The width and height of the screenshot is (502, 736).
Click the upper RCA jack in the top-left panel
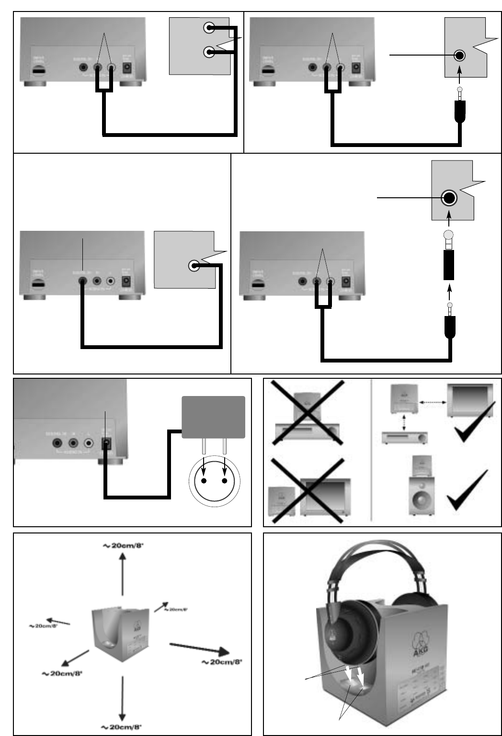tap(209, 28)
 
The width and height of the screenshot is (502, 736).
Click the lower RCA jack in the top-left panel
tap(209, 52)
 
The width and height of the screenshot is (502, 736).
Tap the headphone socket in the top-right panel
tap(459, 56)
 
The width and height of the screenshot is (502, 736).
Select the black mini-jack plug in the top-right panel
tap(460, 111)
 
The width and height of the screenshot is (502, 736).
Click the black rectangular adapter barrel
tap(449, 265)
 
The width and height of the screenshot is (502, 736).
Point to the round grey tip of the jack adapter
tap(449, 235)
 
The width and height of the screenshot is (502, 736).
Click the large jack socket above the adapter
tap(449, 197)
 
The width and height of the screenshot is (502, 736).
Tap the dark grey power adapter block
tap(213, 417)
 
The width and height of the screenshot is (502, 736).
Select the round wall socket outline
tap(214, 482)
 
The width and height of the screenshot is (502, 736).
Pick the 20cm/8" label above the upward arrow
tap(123, 545)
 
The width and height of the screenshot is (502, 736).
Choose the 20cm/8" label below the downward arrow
tap(121, 727)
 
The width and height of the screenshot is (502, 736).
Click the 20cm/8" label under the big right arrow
tap(222, 662)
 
